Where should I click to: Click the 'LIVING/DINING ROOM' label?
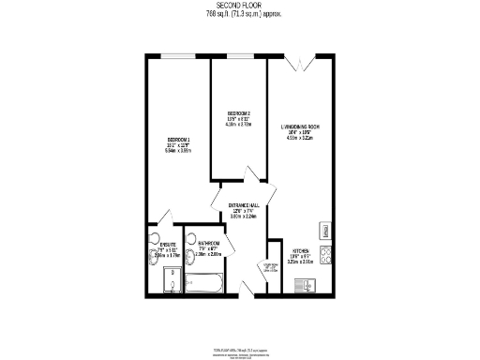pyautogui.click(x=301, y=127)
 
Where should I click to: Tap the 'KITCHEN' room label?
pyautogui.click(x=301, y=251)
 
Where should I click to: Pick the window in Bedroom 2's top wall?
pyautogui.click(x=238, y=57)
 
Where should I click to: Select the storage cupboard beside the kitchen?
pyautogui.click(x=274, y=272)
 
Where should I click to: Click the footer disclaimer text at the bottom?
pyautogui.click(x=239, y=350)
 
